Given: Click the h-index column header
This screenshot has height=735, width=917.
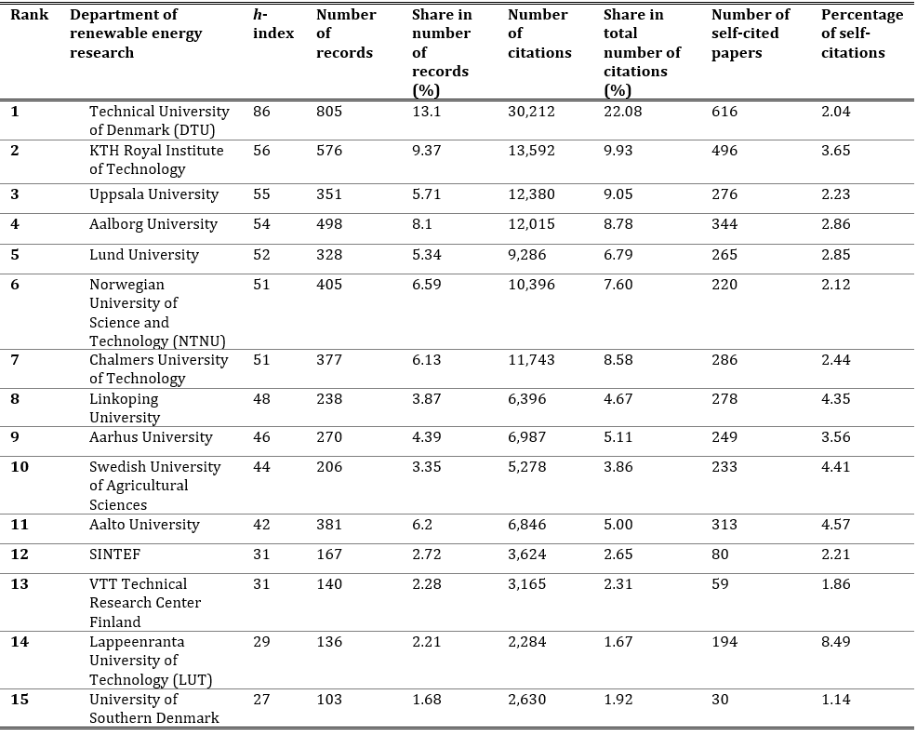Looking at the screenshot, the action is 273,24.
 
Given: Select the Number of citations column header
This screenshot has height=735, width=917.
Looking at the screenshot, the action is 539,33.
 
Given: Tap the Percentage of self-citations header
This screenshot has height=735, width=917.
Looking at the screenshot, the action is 862,33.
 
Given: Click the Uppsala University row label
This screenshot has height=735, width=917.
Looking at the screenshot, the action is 153,194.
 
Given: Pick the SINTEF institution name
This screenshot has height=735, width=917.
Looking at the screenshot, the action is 114,555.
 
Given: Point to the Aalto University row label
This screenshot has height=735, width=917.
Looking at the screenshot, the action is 144,525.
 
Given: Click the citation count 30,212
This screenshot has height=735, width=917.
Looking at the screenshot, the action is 531,112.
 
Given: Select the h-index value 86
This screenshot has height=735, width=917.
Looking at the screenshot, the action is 261,112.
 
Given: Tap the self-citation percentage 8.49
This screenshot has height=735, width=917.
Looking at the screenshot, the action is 836,641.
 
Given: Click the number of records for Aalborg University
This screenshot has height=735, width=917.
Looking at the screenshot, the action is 329,224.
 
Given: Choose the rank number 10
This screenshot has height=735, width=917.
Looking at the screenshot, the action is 20,466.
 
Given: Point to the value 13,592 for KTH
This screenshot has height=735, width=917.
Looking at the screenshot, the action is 531,151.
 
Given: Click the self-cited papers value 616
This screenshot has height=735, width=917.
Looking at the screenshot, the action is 724,112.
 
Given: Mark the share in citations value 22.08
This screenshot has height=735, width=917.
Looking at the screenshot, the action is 623,112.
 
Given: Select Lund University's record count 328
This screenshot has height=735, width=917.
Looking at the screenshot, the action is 329,255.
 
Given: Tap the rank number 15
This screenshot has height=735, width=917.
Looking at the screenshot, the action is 20,700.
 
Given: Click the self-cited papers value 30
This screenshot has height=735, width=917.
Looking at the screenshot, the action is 720,700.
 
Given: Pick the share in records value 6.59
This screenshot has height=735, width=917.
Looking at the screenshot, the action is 426,285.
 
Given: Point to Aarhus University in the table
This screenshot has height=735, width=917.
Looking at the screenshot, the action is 151,437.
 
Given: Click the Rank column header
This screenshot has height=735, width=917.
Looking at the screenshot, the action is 29,14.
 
